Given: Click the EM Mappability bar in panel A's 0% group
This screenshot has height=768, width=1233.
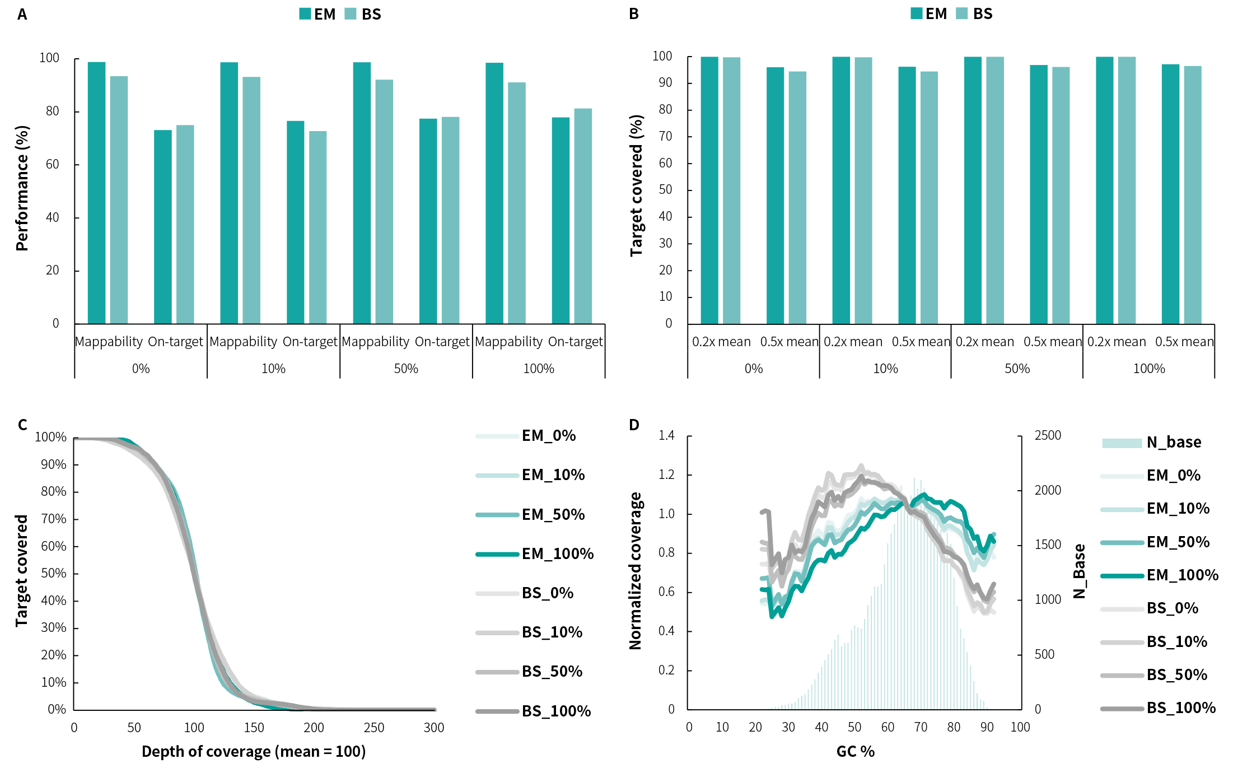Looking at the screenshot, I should pos(96,193).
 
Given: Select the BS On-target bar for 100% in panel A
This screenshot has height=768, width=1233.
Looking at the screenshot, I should pos(582,216).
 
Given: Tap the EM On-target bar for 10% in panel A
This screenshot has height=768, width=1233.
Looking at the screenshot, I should pos(295,222).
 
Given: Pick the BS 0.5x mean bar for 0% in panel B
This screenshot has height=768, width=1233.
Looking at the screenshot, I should pos(797,198).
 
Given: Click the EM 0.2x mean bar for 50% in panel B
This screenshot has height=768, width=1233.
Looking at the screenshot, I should pos(973,190).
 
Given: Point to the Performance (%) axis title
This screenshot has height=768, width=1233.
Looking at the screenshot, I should pos(22,188).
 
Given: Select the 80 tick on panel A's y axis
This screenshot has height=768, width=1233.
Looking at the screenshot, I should pos(52,111).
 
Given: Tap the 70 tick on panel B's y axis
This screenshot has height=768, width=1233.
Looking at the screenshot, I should pos(665,136).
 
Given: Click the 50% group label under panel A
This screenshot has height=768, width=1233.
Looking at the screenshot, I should pos(406,369).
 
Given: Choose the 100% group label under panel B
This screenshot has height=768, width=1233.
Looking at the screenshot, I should pos(1148,369).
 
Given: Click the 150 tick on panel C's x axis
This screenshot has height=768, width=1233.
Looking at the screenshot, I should pos(254,728).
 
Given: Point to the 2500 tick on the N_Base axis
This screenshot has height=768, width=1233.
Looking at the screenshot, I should pos(1048,436).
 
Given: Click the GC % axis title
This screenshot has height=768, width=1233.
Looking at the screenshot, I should pos(855,752).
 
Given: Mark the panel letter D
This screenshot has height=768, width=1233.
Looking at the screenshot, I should pos(634,425).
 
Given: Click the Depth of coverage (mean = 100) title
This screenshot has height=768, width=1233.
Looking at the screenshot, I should pos(253,752).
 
